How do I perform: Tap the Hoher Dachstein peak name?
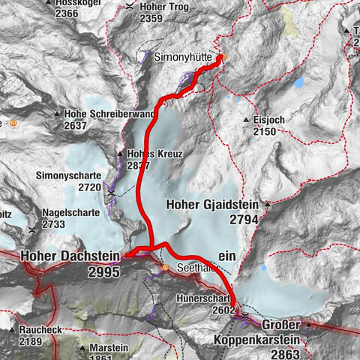click(x=70, y=256)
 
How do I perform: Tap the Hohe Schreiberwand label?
click(x=109, y=114)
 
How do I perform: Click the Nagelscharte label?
click(x=70, y=212)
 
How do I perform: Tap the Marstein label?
click(x=108, y=348)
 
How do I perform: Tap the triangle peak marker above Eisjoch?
click(x=246, y=118)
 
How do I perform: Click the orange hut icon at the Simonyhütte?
click(x=223, y=57)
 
